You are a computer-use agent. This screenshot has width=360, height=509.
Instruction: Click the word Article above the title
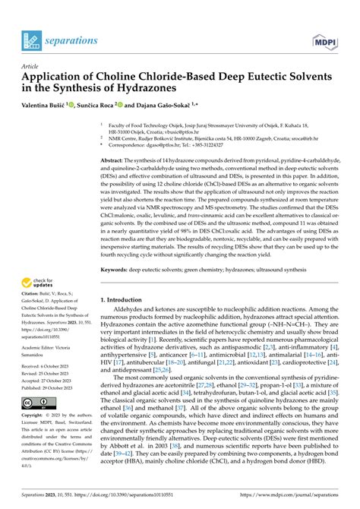30,66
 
